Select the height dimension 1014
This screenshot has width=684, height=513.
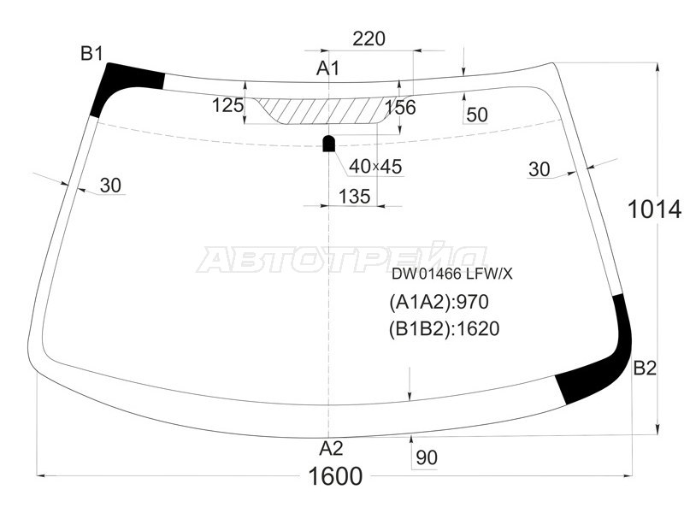pyautogui.click(x=653, y=209)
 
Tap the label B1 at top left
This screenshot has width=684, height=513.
pyautogui.click(x=91, y=54)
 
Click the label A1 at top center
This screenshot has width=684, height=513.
pyautogui.click(x=329, y=68)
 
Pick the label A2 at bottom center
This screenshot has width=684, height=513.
pyautogui.click(x=331, y=449)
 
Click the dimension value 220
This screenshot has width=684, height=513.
pyautogui.click(x=369, y=38)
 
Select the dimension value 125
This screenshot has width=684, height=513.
pyautogui.click(x=227, y=105)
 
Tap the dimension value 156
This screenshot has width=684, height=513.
pyautogui.click(x=400, y=107)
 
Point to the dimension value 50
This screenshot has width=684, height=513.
pyautogui.click(x=477, y=115)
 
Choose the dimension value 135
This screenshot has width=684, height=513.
pyautogui.click(x=354, y=196)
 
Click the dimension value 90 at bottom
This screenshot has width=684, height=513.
pyautogui.click(x=426, y=457)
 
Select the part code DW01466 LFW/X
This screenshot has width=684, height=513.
pyautogui.click(x=451, y=274)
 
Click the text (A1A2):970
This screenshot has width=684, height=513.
pyautogui.click(x=438, y=302)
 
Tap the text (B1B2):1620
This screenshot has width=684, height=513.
pyautogui.click(x=444, y=328)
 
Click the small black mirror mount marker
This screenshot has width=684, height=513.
pyautogui.click(x=328, y=142)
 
